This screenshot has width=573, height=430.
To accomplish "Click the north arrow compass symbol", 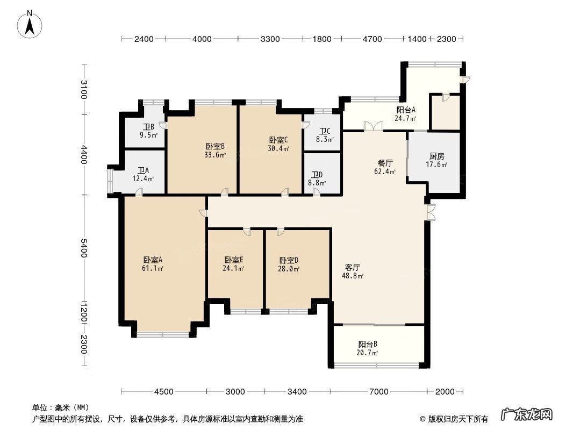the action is (30, 25).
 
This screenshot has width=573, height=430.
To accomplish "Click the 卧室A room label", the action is (153, 260).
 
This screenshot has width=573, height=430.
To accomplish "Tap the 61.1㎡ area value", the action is (153, 269).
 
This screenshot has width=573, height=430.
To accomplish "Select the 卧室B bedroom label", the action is (215, 147).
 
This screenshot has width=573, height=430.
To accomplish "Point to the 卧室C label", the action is (278, 140).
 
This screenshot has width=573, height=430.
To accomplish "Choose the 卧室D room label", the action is (289, 261).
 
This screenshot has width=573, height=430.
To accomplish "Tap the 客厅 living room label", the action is (352, 267).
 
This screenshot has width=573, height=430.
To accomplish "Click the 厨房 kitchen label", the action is (436, 156).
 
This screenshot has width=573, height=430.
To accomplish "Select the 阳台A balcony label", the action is (406, 110).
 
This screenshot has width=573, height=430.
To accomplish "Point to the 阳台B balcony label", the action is (368, 344).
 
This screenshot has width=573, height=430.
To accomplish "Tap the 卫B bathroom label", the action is (148, 127).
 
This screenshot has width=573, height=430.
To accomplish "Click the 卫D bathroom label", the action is (317, 175).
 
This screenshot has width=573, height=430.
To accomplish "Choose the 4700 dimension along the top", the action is (372, 39).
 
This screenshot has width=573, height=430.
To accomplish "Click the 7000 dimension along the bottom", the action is (378, 392).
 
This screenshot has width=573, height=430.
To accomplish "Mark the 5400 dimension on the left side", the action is (84, 248).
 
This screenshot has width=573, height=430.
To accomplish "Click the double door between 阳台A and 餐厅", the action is (374, 126).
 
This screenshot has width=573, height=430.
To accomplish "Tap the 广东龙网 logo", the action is (526, 414).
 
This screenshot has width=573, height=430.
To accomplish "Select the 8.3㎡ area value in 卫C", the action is (325, 140).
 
